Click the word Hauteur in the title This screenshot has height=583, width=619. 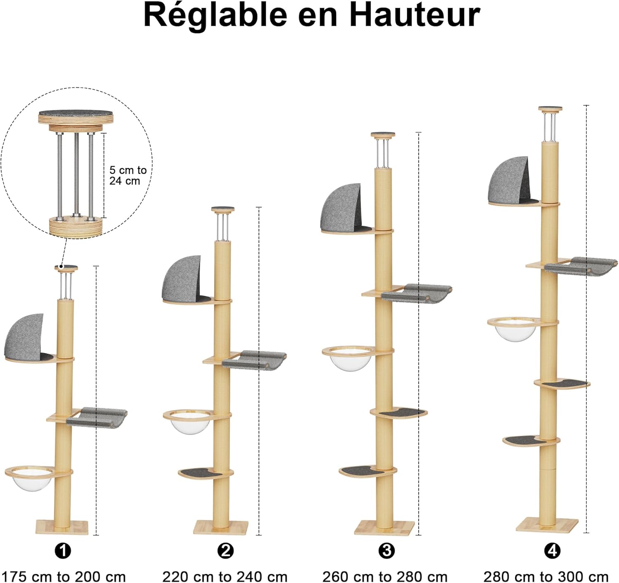pos(414,15)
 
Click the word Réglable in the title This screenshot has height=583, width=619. pos(215,15)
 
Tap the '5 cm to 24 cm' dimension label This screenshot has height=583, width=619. pos(128,175)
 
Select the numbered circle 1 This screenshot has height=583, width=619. pos(63,550)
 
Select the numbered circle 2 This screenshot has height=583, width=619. pos(225,550)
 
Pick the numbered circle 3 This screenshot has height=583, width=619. pos(386,550)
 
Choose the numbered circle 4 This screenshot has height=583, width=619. pos(552,550)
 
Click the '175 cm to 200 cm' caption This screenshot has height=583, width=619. pos(63,576)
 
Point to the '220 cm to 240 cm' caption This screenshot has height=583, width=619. pos(225,576)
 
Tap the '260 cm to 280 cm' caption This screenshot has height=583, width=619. pos(385,576)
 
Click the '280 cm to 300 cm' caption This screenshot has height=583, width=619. pos(546,576)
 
